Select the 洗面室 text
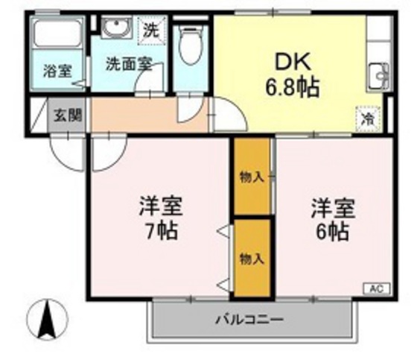(127, 63)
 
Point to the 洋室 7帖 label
(161, 218)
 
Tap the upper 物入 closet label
(252, 177)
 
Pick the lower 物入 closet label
(252, 258)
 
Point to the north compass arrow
(45, 319)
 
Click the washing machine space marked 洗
(152, 31)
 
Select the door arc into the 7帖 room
(104, 152)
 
